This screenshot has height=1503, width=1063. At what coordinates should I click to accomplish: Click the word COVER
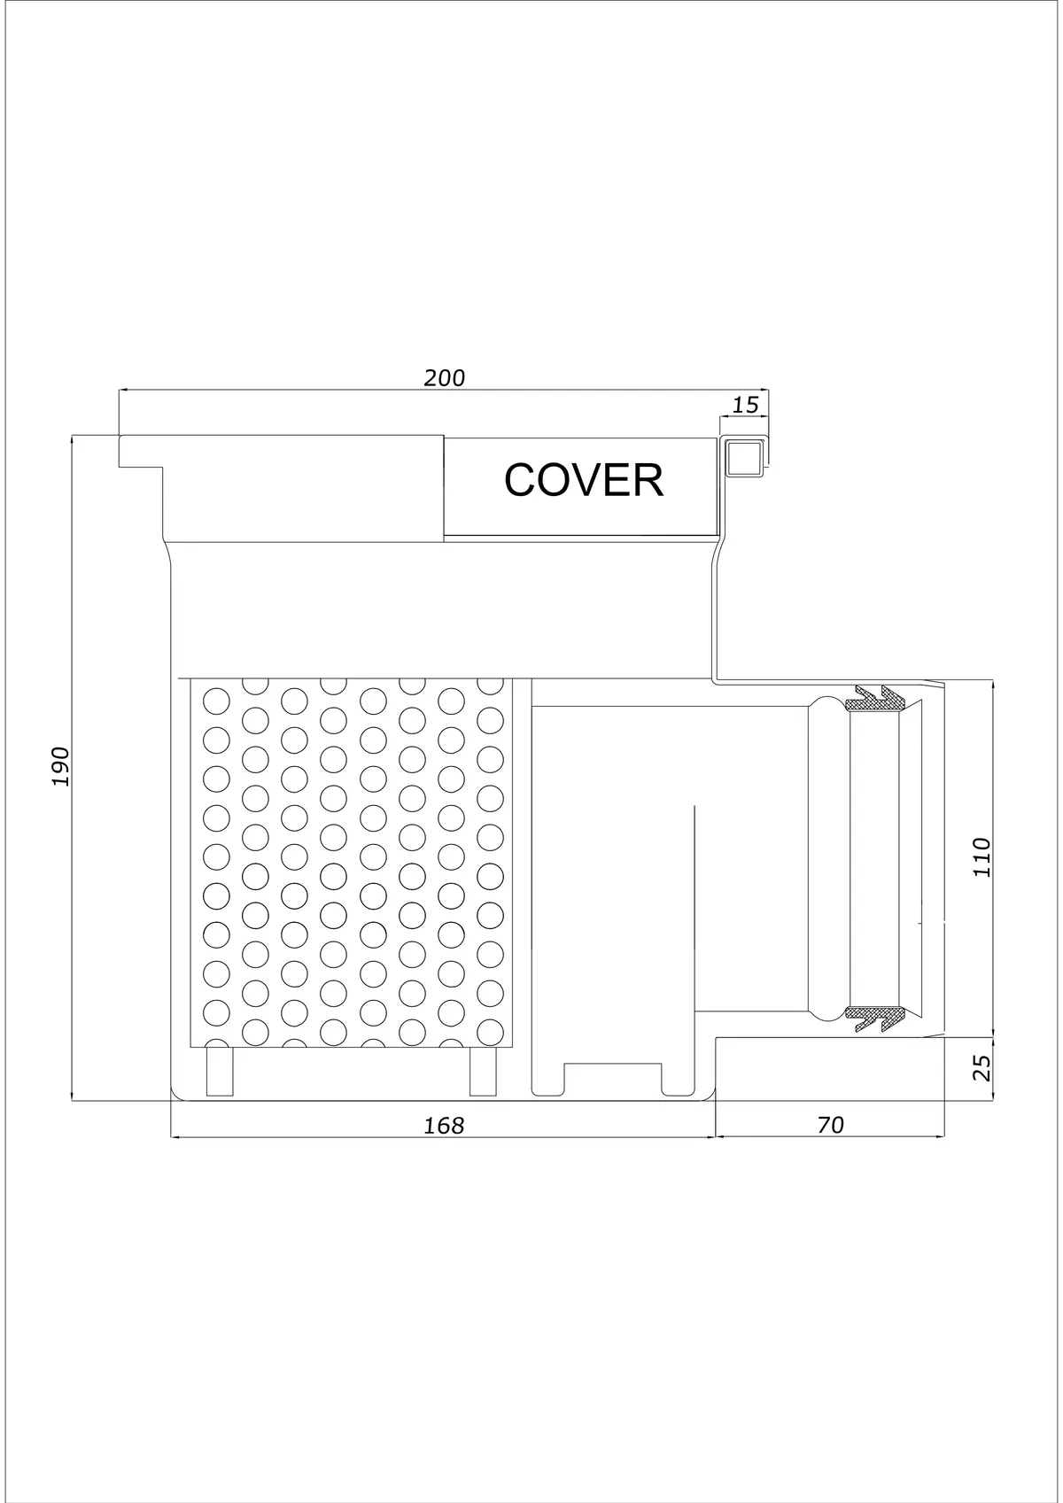tap(584, 480)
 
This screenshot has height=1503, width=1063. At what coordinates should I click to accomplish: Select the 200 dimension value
tap(445, 378)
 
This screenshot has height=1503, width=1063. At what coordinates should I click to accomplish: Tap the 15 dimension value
tap(745, 405)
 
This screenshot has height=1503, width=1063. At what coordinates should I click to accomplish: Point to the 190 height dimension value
tap(60, 766)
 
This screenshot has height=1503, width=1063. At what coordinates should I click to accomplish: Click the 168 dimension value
tap(445, 1125)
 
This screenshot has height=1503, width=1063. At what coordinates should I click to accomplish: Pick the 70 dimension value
tap(831, 1125)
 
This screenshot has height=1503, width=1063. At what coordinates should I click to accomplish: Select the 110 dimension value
tap(982, 856)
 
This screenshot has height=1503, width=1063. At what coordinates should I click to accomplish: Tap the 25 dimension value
tap(982, 1067)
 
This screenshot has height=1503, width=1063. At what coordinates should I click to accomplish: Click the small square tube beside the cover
tap(744, 458)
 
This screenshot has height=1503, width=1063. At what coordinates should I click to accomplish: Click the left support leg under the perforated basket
tap(220, 1071)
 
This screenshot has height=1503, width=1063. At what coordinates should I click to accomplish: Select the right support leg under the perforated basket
tap(483, 1071)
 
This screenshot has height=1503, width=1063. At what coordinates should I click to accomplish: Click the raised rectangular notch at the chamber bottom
tap(613, 1078)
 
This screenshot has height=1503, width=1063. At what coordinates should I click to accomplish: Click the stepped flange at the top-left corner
tap(141, 451)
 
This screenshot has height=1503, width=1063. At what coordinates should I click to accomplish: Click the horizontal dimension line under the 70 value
tap(830, 1136)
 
